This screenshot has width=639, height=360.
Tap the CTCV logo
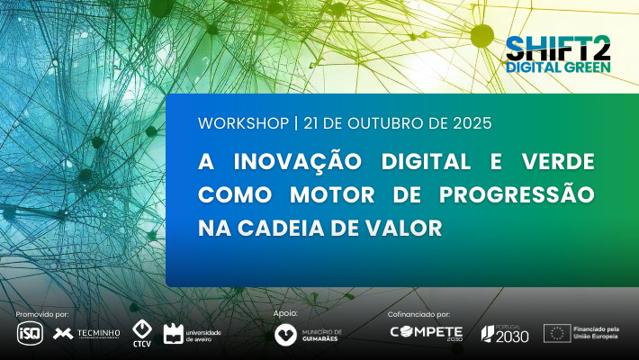141,333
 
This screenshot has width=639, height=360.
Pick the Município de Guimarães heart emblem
286,334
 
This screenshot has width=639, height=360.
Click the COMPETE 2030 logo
426,333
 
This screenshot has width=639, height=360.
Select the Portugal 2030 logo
506,333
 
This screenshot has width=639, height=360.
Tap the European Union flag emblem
556,333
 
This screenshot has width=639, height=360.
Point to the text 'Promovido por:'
42,314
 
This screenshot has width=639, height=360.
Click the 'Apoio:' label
284,313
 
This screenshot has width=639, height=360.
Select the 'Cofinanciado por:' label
419,314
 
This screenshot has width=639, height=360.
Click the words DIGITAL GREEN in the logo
558,67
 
